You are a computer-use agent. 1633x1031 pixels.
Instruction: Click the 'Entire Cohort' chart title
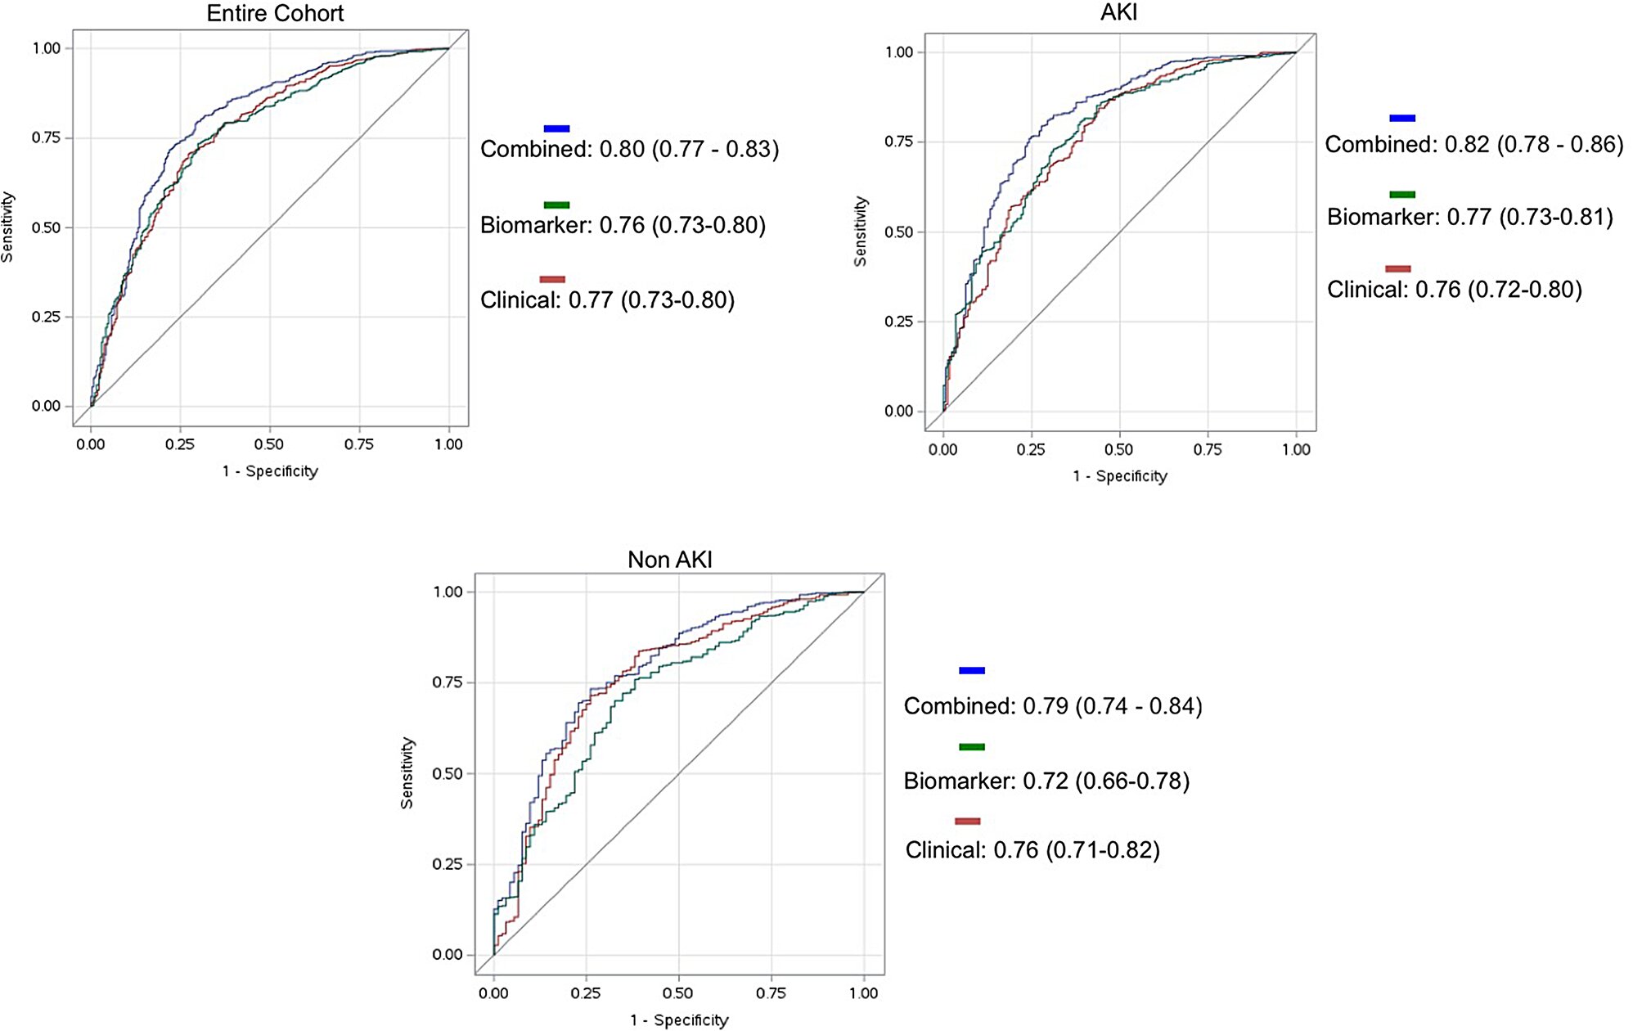[x=275, y=13]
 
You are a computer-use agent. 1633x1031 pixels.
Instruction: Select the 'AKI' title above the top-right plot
[x=1118, y=12]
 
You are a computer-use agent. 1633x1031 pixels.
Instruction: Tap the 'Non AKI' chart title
[x=669, y=560]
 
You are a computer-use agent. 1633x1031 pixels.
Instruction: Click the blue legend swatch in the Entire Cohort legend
[x=556, y=128]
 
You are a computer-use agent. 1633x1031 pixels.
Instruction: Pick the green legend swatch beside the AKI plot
[x=1401, y=195]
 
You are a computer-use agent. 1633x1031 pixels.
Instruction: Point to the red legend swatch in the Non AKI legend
[x=967, y=821]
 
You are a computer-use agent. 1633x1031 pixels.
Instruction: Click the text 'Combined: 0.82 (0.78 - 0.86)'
[x=1473, y=145]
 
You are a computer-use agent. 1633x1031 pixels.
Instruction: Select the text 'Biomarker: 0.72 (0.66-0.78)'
[x=1046, y=781]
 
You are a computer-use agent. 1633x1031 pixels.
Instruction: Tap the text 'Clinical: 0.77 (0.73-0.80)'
[x=607, y=300]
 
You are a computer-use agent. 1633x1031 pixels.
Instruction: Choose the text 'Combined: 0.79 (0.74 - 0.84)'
[x=1052, y=706]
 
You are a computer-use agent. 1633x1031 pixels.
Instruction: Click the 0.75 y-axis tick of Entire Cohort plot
[x=47, y=137]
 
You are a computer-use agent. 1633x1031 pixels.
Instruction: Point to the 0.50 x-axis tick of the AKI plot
[x=1118, y=449]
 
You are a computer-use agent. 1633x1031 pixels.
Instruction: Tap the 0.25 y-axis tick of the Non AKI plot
[x=447, y=864]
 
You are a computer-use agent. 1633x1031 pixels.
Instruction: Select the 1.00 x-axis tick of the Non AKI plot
[x=863, y=993]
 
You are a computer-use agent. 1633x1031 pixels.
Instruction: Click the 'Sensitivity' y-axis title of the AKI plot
[x=860, y=232]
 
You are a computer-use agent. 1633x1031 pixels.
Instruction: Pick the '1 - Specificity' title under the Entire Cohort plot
[x=269, y=471]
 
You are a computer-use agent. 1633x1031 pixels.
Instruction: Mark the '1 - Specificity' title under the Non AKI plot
[x=678, y=1020]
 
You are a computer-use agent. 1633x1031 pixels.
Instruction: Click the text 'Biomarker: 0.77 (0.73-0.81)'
[x=1469, y=217]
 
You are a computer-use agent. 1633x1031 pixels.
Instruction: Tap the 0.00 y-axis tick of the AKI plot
[x=898, y=411]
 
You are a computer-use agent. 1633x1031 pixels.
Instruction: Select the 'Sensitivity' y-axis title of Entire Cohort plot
[x=7, y=227]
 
